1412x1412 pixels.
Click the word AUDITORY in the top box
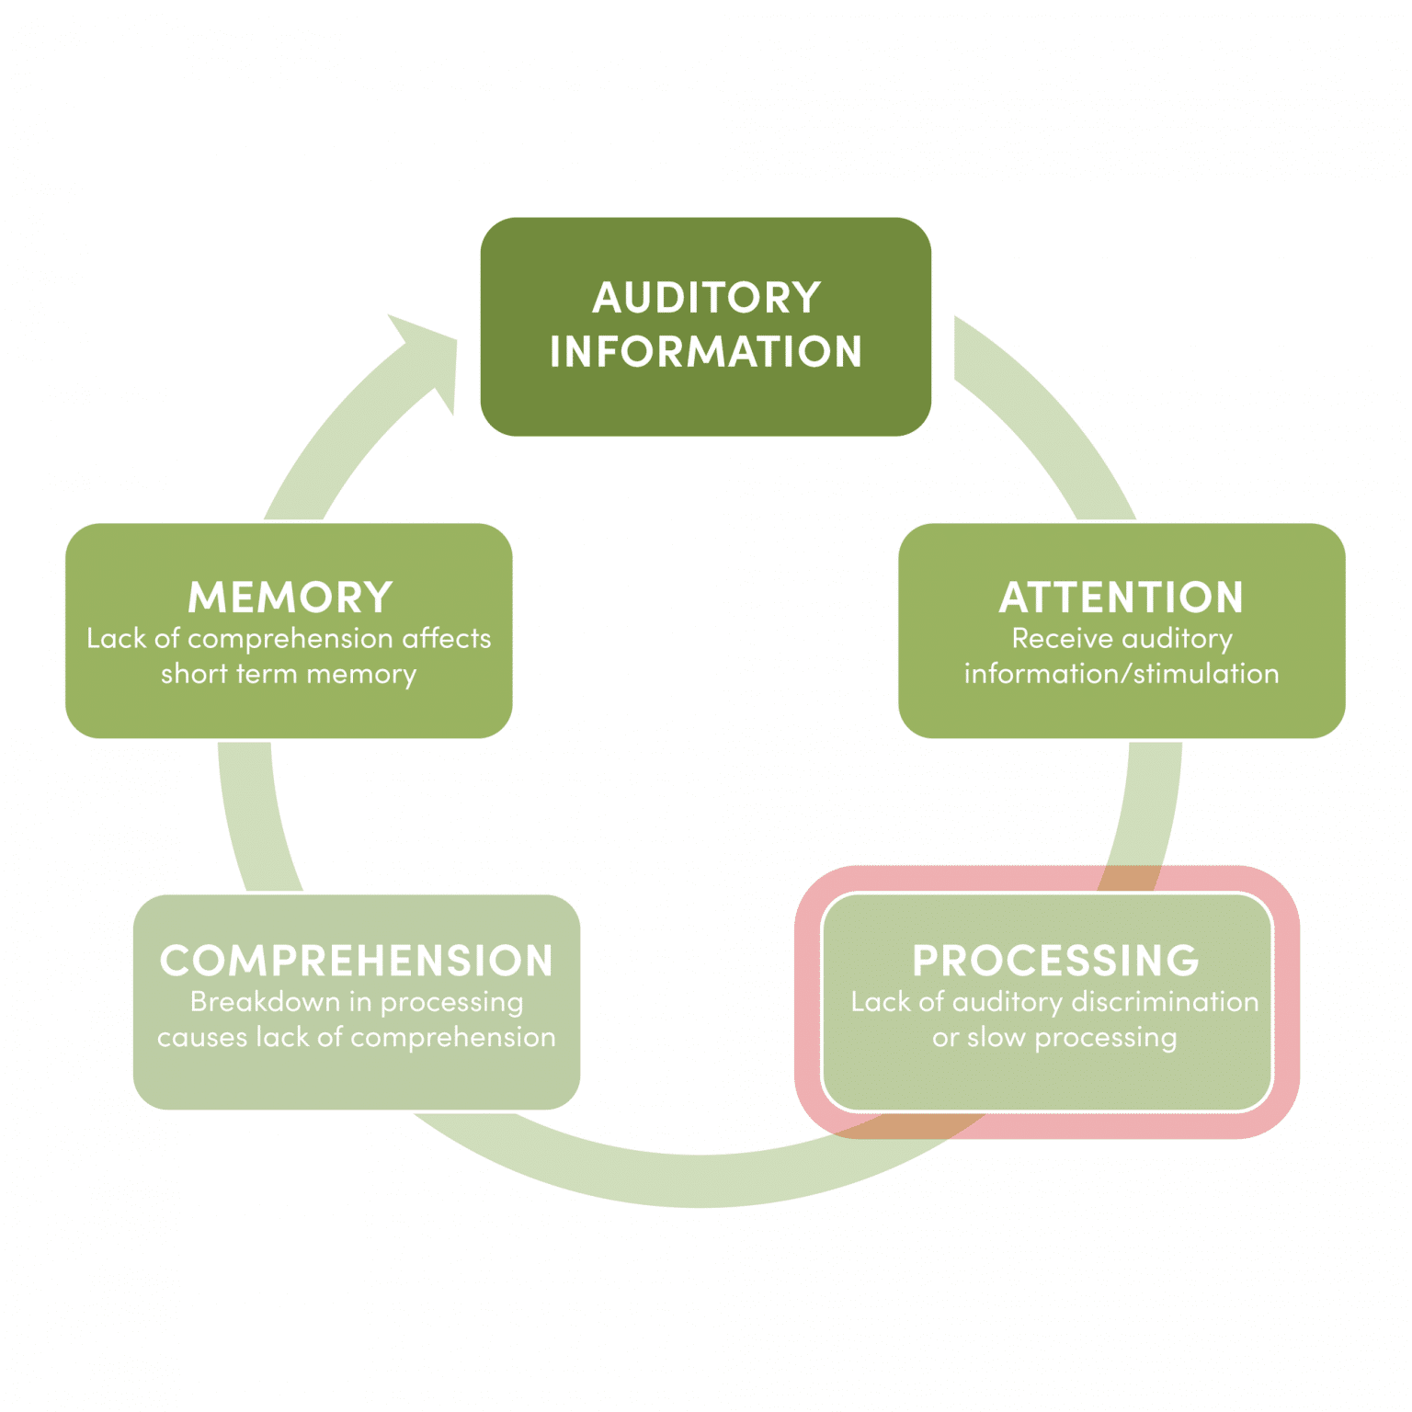[x=706, y=298]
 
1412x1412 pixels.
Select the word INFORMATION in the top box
[x=706, y=352]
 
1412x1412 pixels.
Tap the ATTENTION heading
[x=1122, y=598]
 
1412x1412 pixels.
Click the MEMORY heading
[x=290, y=598]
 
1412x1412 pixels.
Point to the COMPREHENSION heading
[x=357, y=961]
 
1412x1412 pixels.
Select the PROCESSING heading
[x=1055, y=961]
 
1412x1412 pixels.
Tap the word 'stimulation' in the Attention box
[x=1206, y=674]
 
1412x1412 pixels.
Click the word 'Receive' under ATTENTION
[x=1062, y=638]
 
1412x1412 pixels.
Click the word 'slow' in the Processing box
[x=996, y=1038]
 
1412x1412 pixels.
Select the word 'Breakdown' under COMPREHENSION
[x=265, y=1001]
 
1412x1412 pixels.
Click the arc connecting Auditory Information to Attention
[x=1048, y=414]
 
